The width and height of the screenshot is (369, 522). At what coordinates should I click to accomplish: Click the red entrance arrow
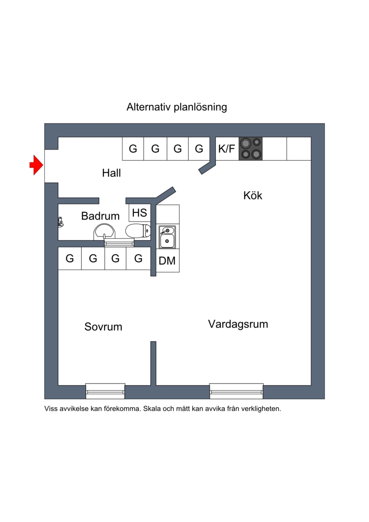(x=36, y=165)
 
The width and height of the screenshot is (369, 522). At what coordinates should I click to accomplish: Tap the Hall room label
(x=112, y=173)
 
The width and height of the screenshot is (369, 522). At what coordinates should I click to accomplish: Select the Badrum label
(x=100, y=216)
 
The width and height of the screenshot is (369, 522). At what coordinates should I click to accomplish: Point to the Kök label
(x=253, y=195)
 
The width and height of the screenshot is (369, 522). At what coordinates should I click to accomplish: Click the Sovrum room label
(x=103, y=327)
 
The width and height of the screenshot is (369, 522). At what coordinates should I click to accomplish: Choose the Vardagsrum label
(x=238, y=324)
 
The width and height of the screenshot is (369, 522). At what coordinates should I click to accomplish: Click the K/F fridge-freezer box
(x=227, y=149)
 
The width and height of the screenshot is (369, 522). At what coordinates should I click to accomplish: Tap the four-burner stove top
(x=250, y=149)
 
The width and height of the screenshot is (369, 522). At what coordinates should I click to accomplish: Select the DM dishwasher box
(x=168, y=261)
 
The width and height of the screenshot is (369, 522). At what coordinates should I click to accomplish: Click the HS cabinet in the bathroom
(x=139, y=213)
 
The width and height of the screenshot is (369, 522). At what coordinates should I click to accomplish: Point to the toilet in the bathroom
(x=138, y=230)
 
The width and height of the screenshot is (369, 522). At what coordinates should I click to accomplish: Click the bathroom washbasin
(x=105, y=231)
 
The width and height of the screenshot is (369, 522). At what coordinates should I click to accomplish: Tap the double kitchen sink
(x=167, y=237)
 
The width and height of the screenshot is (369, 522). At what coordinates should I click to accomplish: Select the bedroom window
(x=105, y=391)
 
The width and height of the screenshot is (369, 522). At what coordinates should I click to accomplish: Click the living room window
(x=236, y=391)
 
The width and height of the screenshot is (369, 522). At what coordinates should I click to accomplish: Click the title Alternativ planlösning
(x=177, y=107)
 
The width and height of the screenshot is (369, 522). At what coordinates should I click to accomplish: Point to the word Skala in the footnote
(x=152, y=408)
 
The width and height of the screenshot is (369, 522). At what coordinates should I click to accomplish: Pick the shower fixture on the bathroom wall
(x=60, y=222)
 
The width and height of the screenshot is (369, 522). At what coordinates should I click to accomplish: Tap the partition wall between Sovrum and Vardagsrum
(x=154, y=363)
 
